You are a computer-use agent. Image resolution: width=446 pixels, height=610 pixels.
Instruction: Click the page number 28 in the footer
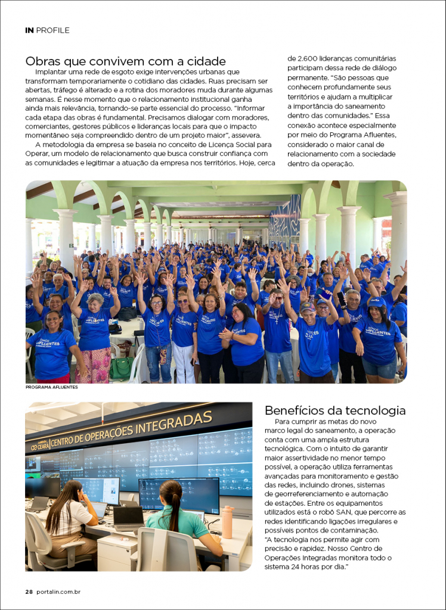pyautogui.click(x=29, y=592)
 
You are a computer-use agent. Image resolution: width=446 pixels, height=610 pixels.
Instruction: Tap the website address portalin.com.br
pyautogui.click(x=58, y=592)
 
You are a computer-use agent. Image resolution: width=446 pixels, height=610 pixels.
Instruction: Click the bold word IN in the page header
pyautogui.click(x=29, y=30)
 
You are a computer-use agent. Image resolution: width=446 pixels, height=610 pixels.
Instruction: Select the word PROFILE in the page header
pyautogui.click(x=53, y=30)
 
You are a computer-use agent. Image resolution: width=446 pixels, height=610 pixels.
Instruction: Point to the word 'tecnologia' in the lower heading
pyautogui.click(x=373, y=410)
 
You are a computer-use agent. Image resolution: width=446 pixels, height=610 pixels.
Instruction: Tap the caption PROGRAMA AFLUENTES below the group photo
pyautogui.click(x=52, y=387)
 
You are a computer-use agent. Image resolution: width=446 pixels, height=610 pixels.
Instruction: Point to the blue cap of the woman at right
pyautogui.click(x=376, y=302)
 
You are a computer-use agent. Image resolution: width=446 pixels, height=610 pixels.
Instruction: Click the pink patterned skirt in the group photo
pyautogui.click(x=93, y=365)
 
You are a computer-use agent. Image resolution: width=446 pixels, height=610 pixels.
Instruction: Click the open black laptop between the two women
pyautogui.click(x=128, y=517)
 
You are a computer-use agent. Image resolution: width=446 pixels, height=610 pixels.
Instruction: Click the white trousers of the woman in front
pyautogui.click(x=184, y=363)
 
